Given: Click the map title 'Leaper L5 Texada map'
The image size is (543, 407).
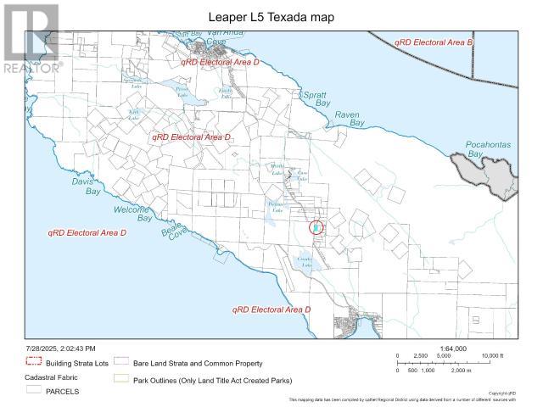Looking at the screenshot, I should coord(271,15).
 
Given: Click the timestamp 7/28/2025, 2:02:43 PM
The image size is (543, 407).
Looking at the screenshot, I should coord(60,348).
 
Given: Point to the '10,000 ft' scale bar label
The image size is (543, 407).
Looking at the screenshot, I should coord(494,356).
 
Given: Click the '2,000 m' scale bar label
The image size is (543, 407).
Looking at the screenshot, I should coord(462,371).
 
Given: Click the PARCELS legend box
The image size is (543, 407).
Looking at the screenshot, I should coord(34,391).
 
